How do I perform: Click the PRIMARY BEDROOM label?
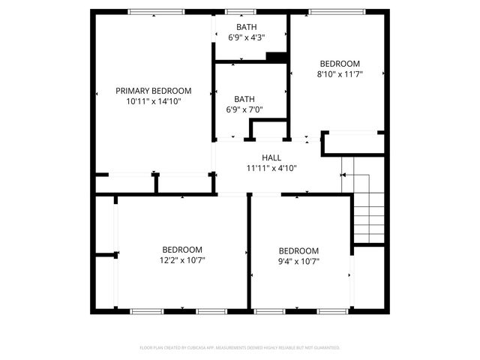153,91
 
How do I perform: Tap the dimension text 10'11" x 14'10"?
153,100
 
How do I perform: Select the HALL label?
271,157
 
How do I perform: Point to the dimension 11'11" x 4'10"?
271,168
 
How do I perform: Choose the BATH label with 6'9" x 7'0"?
244,98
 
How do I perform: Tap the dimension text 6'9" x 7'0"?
244,109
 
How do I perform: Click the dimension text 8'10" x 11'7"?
340,74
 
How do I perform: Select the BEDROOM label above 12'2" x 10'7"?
182,250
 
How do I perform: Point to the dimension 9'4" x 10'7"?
298,261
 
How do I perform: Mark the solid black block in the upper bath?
277,57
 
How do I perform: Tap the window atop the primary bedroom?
156,11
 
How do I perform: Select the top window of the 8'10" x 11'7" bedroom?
337,11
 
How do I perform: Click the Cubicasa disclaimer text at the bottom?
240,348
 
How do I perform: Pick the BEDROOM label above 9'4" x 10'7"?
298,250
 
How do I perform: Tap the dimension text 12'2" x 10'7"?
182,260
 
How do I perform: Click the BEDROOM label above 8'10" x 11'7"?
340,64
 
